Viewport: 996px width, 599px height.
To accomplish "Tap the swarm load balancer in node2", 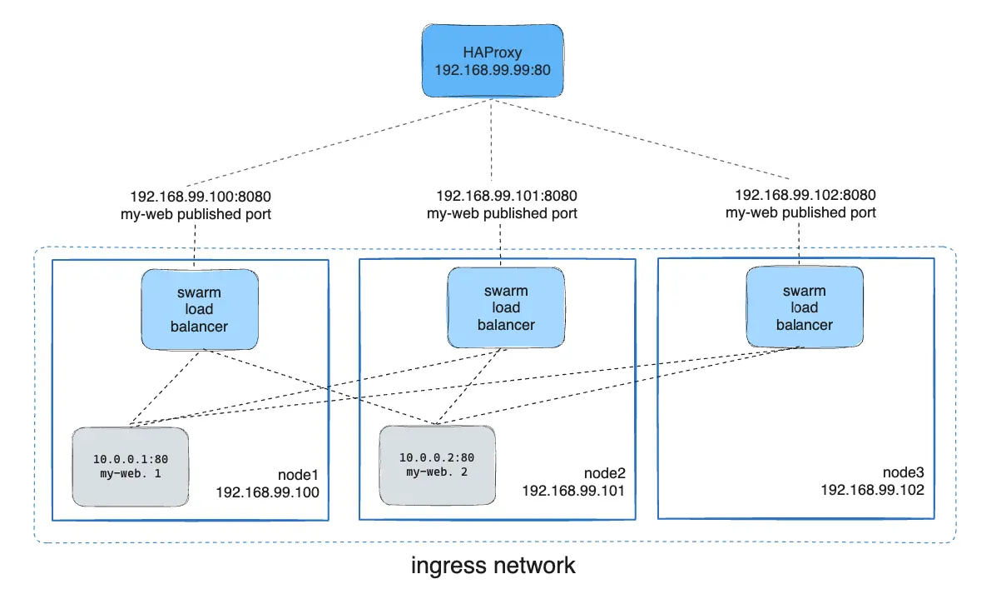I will click(x=505, y=308).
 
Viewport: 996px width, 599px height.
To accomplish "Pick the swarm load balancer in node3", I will click(x=804, y=307).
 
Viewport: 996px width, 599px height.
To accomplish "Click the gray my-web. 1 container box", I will click(x=129, y=467).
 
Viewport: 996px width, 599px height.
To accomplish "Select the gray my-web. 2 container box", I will click(x=437, y=465).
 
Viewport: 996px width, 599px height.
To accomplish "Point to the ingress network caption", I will click(x=493, y=566).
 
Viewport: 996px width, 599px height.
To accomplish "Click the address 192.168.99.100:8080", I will click(x=201, y=197).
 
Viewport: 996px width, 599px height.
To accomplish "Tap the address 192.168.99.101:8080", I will click(x=507, y=197).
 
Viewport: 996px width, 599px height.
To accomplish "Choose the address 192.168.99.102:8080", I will click(x=805, y=196).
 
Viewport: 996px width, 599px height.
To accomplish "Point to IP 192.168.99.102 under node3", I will click(x=873, y=490).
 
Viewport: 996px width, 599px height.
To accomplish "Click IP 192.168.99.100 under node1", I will click(x=267, y=492).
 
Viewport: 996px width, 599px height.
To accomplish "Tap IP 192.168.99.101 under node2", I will click(x=573, y=490).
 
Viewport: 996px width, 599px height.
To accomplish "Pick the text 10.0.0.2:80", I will click(x=437, y=457).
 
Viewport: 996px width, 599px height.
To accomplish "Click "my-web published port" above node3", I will click(x=800, y=212).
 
